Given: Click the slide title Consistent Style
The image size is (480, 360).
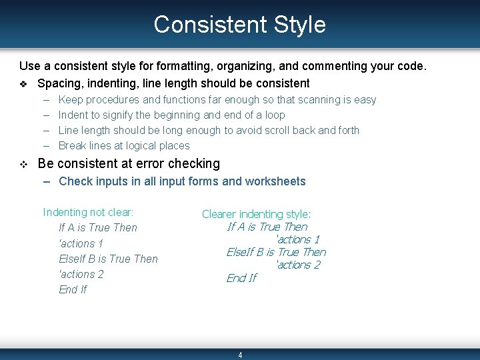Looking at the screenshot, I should [x=239, y=25].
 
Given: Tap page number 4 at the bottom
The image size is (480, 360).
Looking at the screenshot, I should [x=240, y=355].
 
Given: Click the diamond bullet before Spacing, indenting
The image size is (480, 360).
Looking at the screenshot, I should [x=23, y=84].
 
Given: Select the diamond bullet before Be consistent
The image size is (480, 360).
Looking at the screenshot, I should [x=23, y=164].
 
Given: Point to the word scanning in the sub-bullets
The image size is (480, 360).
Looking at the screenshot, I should [x=319, y=100].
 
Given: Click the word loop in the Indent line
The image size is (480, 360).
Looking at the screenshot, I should [x=274, y=115].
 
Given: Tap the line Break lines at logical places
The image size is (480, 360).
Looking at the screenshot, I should [x=124, y=146].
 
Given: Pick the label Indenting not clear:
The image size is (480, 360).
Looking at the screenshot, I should [x=88, y=213].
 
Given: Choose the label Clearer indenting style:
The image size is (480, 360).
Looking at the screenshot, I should [x=256, y=214].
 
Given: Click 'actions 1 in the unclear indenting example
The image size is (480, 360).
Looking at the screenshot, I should [x=81, y=243].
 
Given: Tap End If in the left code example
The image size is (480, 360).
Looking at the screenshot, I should [x=73, y=290].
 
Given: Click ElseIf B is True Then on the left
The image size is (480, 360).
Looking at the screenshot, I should [x=108, y=259].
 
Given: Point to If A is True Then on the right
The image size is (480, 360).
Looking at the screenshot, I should [x=267, y=227].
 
